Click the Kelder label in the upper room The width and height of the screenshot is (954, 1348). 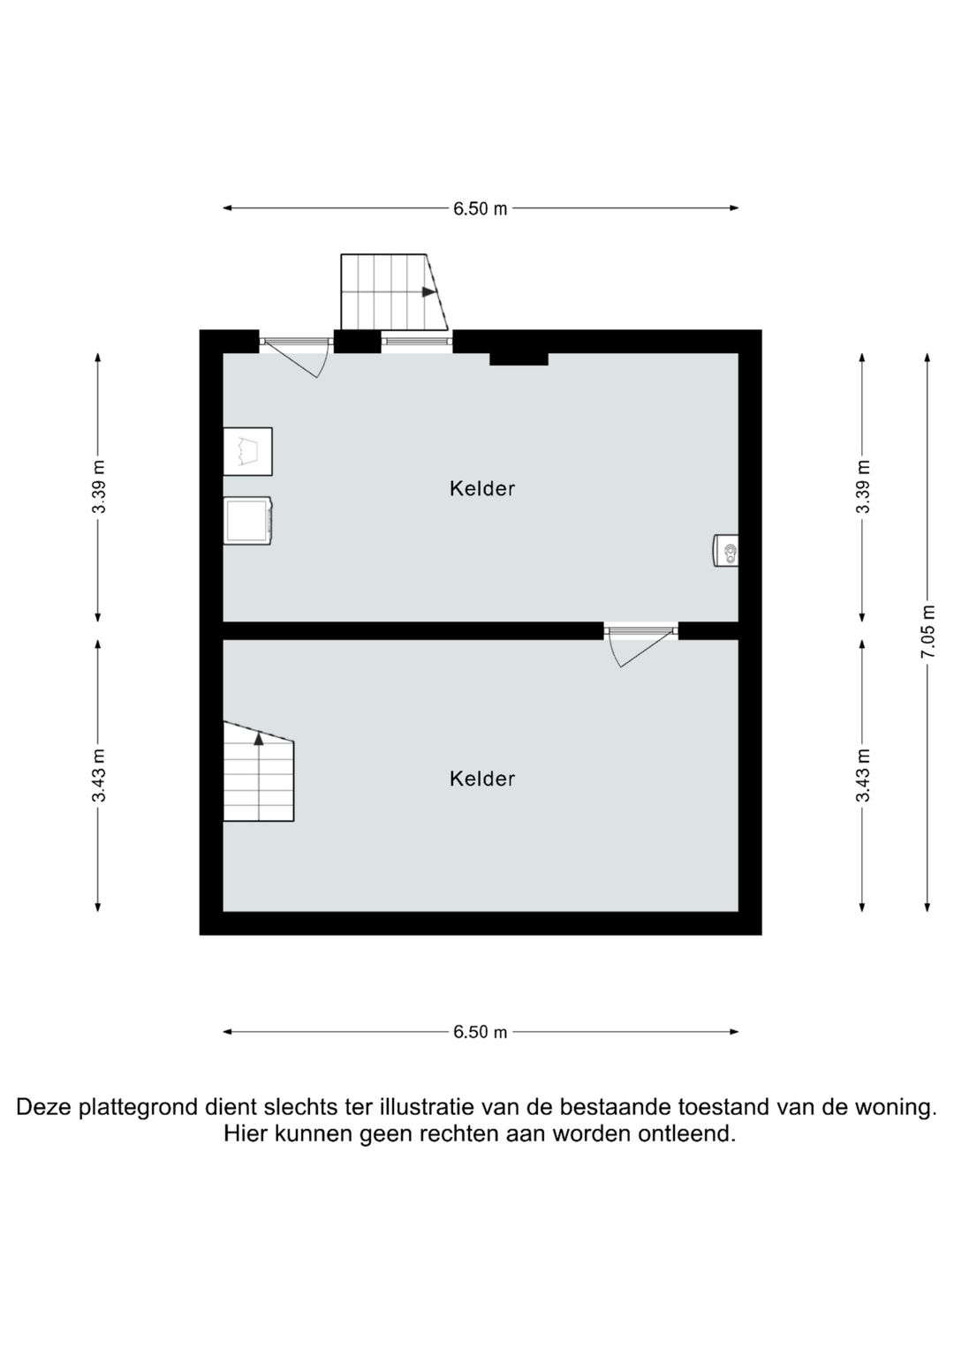tap(481, 488)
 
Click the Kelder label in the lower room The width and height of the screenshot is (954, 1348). tap(481, 779)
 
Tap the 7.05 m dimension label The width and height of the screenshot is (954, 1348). tap(927, 631)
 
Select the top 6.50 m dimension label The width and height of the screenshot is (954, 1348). tap(480, 209)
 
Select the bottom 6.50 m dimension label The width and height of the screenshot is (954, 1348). tap(480, 1032)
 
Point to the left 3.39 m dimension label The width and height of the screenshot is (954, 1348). tap(98, 486)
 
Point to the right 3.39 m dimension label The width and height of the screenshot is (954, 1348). tap(863, 486)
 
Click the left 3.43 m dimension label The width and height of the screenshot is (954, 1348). tap(98, 776)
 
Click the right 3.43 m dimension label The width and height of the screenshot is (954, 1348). tap(863, 776)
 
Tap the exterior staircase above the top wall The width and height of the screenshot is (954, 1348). tap(395, 292)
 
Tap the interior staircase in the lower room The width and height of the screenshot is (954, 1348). tap(258, 771)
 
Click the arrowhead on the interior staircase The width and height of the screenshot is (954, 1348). tap(259, 738)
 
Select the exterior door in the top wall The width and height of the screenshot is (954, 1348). tap(296, 355)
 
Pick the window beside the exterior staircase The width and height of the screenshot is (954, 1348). tap(417, 342)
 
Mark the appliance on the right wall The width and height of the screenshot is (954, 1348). tap(726, 551)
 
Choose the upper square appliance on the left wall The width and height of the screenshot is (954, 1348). tap(247, 451)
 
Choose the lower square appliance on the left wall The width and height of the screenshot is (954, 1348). tap(247, 521)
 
